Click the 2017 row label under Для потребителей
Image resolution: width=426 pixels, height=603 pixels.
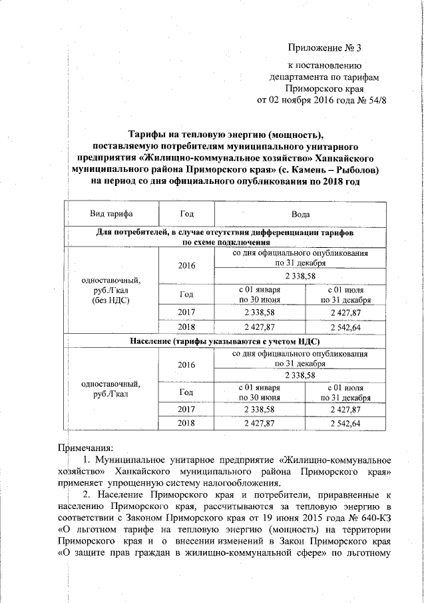[x=187, y=311]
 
